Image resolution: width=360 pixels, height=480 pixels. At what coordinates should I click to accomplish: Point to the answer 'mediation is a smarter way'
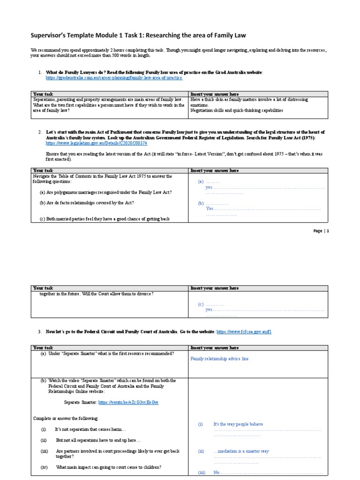click(240, 451)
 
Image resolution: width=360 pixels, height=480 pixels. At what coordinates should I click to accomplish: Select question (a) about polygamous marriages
click(105, 193)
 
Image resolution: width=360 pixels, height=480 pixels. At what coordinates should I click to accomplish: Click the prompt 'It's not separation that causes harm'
click(90, 429)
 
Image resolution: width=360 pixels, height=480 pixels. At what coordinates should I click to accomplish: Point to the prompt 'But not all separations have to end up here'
click(98, 440)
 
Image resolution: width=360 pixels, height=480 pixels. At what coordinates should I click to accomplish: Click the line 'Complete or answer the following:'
click(66, 418)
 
